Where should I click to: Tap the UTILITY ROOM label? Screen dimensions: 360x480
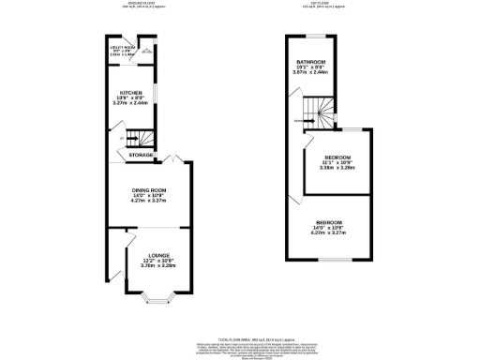(x=122, y=47)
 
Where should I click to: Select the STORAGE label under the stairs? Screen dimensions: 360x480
(x=142, y=154)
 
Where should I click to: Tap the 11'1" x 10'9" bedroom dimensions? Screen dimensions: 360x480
(x=336, y=164)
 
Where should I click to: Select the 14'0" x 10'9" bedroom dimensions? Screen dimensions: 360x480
(x=328, y=228)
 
